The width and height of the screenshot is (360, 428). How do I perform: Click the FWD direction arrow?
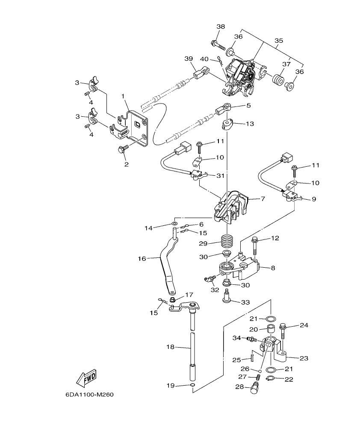click(x=86, y=377)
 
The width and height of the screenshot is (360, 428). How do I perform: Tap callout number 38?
click(x=220, y=27)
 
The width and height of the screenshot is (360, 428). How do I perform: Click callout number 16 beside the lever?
click(x=142, y=258)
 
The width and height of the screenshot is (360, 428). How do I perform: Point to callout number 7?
click(x=263, y=199)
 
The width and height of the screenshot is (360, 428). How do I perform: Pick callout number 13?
click(x=250, y=124)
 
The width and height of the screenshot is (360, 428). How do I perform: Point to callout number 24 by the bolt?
click(x=304, y=325)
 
